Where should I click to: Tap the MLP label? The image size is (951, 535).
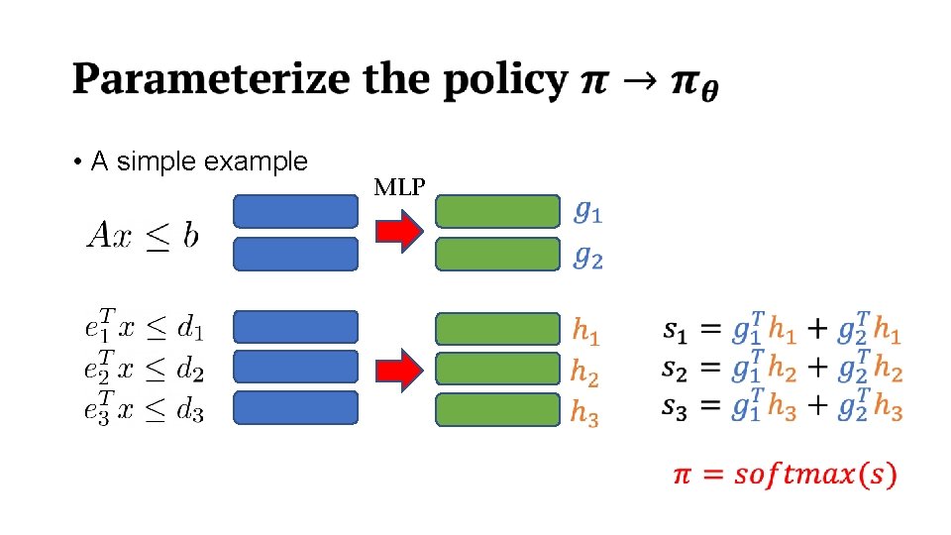tap(400, 186)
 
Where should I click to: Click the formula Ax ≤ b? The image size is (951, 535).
tap(144, 235)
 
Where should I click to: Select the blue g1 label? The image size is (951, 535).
tap(588, 212)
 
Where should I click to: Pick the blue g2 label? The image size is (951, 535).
tap(588, 257)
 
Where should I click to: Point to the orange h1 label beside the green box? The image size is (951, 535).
tap(584, 331)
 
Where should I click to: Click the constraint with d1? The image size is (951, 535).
tap(144, 327)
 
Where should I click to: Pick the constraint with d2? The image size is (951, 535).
tap(144, 368)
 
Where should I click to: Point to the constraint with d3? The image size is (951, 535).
tap(144, 407)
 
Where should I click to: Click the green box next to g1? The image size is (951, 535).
tap(497, 212)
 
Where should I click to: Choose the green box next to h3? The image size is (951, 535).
tap(497, 409)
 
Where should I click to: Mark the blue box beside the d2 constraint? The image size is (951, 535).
tap(295, 368)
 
